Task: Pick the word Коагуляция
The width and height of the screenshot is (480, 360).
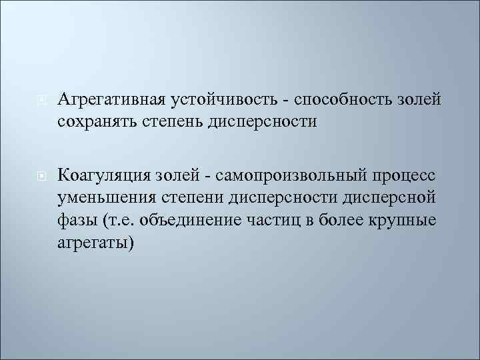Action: coord(105,175)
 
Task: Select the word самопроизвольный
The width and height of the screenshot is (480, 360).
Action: coord(275,175)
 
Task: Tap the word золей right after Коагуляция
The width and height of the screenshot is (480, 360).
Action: coord(177,175)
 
